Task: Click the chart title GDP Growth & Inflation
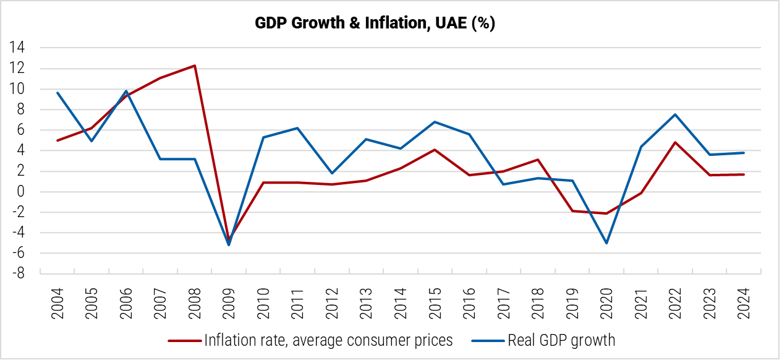(x=375, y=24)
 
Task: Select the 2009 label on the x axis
(x=230, y=301)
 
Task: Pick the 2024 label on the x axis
(x=744, y=301)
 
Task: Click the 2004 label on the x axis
(x=58, y=301)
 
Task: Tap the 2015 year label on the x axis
(x=435, y=301)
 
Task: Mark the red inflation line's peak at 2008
(x=195, y=66)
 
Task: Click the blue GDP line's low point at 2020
(x=606, y=243)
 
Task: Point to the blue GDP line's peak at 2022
(x=675, y=114)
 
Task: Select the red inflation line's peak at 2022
(x=675, y=142)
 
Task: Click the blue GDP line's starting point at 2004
(x=58, y=93)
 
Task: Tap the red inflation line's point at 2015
(x=435, y=150)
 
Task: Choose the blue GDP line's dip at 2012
(x=332, y=173)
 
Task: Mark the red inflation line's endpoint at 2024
(x=744, y=174)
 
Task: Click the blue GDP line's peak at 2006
(x=126, y=91)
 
